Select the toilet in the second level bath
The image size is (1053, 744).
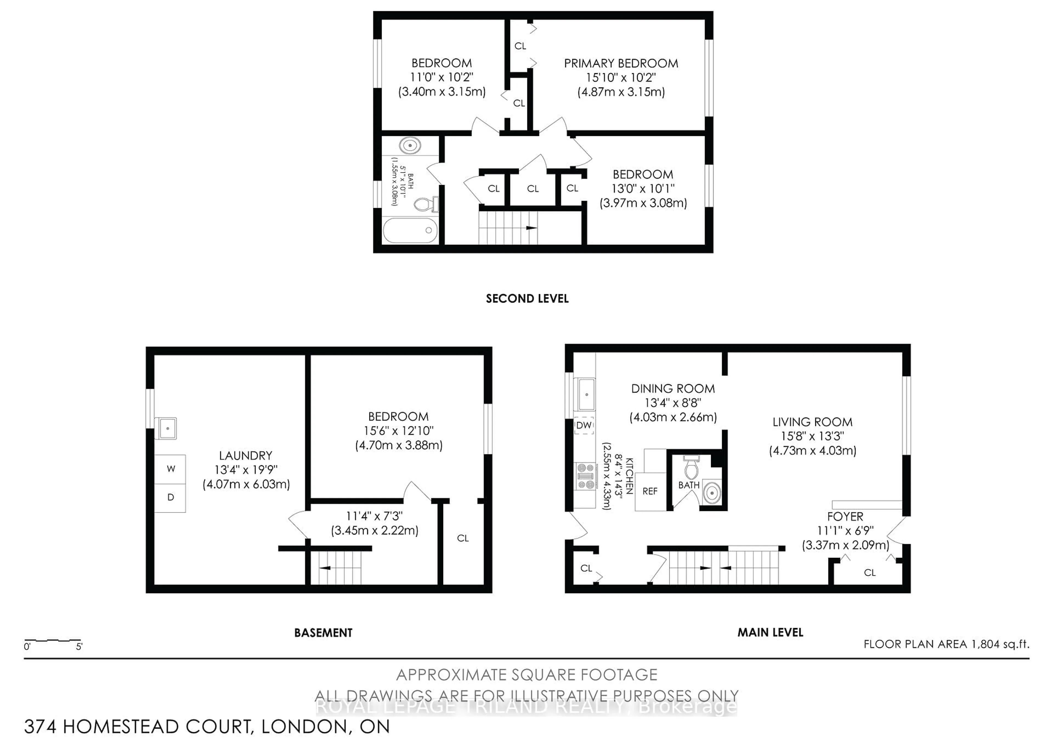pos(426,204)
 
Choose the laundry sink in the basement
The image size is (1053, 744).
pos(166,428)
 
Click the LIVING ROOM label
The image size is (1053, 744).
pos(812,422)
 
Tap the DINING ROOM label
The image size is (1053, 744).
pos(673,389)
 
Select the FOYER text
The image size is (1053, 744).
pos(845,517)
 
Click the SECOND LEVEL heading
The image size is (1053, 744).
pos(527,299)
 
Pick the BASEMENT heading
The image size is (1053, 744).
pos(323,633)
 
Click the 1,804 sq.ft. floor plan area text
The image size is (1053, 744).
pos(946,644)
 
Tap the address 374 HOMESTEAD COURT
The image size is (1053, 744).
pos(206,726)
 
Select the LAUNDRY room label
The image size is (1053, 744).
pos(245,456)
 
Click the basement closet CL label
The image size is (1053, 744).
pos(463,538)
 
